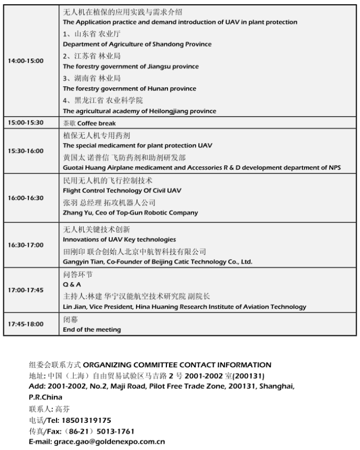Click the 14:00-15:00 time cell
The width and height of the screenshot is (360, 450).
[26, 61]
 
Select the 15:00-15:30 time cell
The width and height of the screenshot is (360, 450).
[26, 123]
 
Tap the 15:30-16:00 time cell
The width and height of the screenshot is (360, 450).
[26, 151]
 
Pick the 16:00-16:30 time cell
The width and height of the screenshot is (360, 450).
[26, 198]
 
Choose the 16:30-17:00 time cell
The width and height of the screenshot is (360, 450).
[26, 245]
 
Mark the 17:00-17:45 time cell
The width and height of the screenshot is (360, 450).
[26, 290]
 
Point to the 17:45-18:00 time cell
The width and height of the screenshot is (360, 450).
[26, 324]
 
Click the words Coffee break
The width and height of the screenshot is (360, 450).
[97, 123]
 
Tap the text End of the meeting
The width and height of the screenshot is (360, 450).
[92, 330]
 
